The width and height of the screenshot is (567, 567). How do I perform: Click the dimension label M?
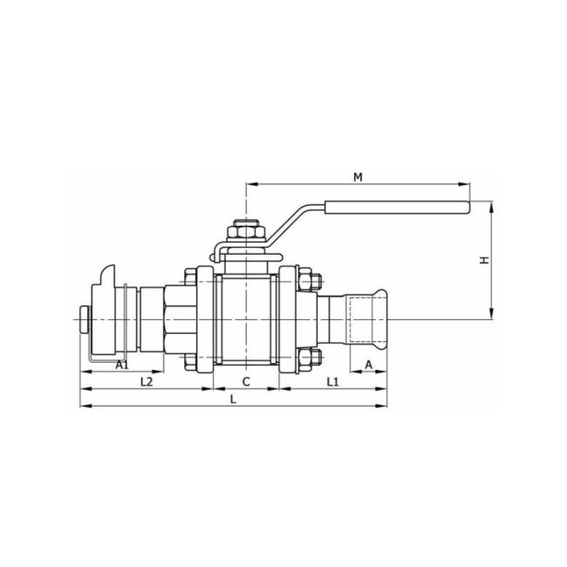[x=358, y=177]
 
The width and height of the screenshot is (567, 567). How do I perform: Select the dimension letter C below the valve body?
[x=246, y=382]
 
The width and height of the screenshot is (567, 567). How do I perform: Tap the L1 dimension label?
[x=332, y=382]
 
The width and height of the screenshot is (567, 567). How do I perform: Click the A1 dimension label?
[x=122, y=364]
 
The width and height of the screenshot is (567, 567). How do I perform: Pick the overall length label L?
[x=233, y=399]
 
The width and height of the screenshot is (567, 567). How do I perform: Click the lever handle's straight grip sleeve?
[x=397, y=208]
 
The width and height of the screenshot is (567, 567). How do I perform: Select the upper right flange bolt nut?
[x=310, y=282]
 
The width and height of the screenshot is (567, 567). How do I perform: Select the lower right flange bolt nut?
[x=310, y=357]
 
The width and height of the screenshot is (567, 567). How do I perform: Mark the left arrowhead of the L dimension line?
[x=85, y=405]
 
